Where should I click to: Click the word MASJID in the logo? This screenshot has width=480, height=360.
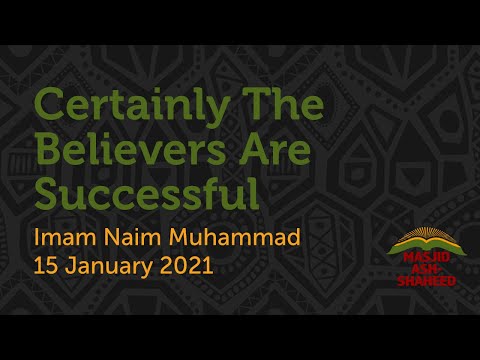point(420,262)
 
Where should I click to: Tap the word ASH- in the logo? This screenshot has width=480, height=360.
point(420,272)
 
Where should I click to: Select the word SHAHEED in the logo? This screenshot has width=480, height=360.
point(420,282)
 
